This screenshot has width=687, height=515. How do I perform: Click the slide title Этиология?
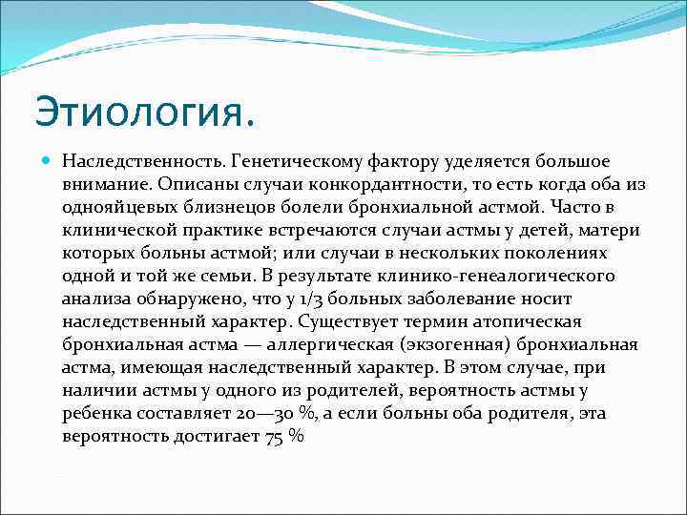point(145,112)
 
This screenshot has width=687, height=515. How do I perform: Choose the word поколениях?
point(549,253)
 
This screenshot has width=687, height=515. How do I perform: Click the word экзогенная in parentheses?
point(439,344)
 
